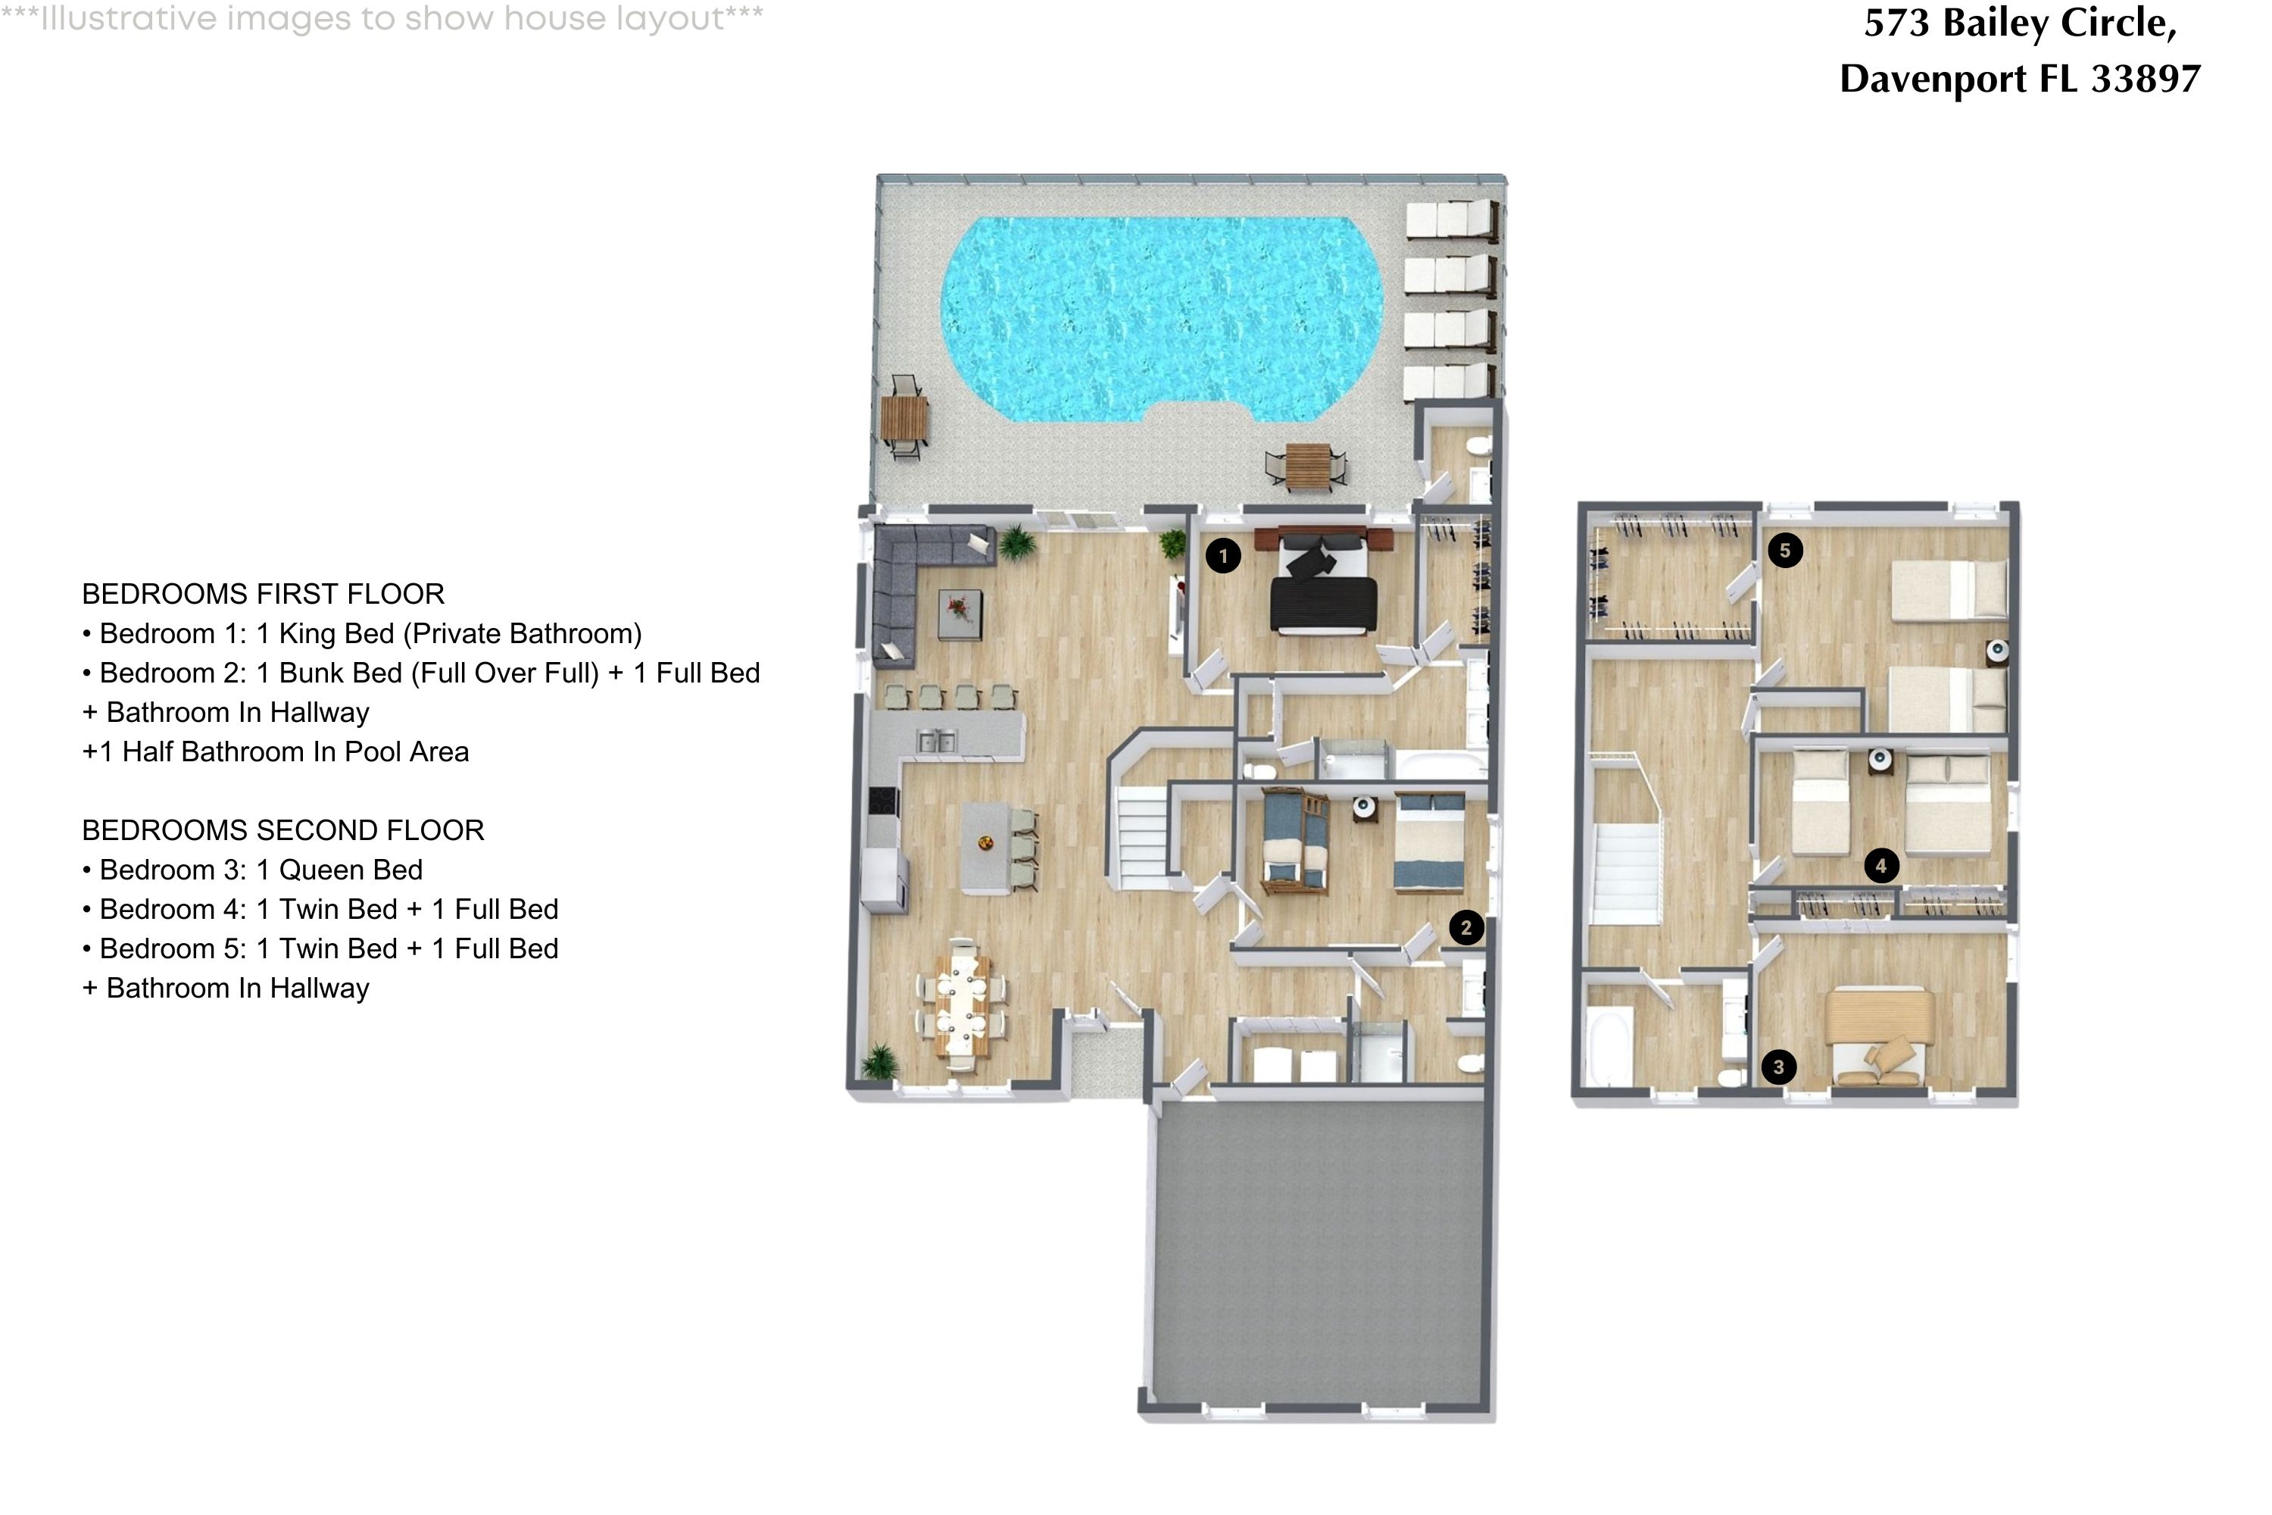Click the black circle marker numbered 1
click(x=1223, y=555)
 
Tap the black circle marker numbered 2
click(x=1465, y=927)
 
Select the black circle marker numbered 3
click(x=1778, y=1067)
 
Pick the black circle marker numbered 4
click(x=1880, y=866)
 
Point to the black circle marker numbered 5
click(x=1784, y=551)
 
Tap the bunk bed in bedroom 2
click(x=1294, y=841)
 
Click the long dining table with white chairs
click(x=962, y=1005)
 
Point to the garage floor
click(x=1319, y=1256)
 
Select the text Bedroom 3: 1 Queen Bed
click(x=261, y=870)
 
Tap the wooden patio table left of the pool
click(x=904, y=418)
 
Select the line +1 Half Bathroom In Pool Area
click(x=276, y=751)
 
